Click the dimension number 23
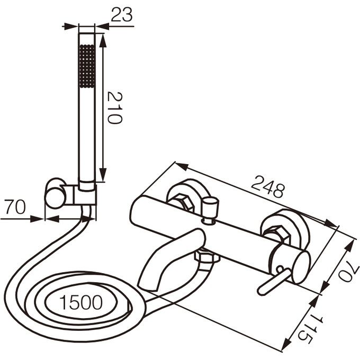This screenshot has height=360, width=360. tap(122, 14)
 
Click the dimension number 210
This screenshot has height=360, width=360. tap(115, 107)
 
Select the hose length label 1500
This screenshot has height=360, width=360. tap(81, 302)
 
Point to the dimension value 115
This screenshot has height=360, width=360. tap(310, 328)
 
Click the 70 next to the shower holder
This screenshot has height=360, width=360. tap(15, 206)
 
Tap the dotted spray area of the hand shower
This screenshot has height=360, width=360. tap(86, 66)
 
